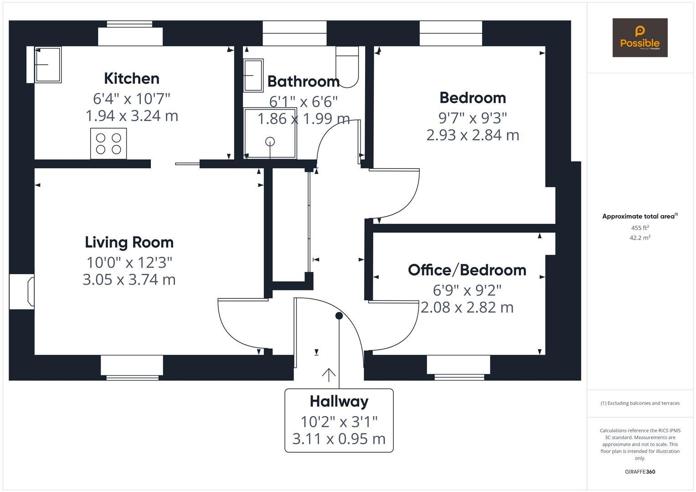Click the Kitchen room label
click(131, 78)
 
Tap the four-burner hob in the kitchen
click(108, 143)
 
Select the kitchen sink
click(47, 65)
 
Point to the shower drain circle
click(270, 142)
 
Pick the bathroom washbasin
click(253, 76)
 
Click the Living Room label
click(129, 242)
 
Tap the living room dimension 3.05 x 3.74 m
click(129, 279)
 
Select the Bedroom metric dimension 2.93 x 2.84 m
click(473, 135)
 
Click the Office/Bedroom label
click(467, 270)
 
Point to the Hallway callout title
click(339, 401)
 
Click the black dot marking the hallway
click(339, 316)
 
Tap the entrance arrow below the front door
click(329, 374)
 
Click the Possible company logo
click(639, 38)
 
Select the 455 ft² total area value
click(639, 228)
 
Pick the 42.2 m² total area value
click(639, 237)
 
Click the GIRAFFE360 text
click(639, 471)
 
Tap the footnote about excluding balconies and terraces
click(639, 403)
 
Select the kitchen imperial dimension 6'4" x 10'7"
click(131, 98)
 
